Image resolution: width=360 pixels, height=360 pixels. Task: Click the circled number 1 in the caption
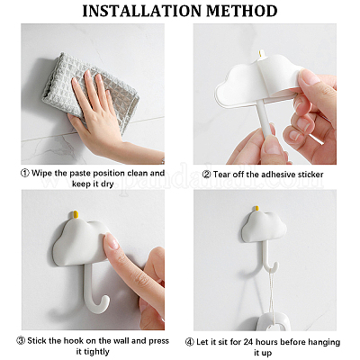click(x=25, y=174)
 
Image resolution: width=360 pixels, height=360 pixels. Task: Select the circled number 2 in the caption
click(x=206, y=175)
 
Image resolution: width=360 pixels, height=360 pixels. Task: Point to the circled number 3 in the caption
click(x=21, y=341)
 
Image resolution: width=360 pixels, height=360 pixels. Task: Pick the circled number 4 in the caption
click(x=189, y=342)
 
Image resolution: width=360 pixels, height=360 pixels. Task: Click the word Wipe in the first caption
click(x=41, y=173)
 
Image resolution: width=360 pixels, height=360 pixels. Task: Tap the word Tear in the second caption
click(x=221, y=175)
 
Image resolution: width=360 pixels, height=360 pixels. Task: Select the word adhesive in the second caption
click(x=278, y=175)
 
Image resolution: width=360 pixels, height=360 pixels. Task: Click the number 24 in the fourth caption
click(x=248, y=342)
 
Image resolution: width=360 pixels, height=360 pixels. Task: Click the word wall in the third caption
click(x=121, y=341)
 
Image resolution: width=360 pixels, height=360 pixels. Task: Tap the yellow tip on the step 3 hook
click(x=76, y=214)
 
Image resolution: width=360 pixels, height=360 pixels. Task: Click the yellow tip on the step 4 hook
click(x=256, y=209)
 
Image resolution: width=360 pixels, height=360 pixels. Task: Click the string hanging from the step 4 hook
click(x=272, y=297)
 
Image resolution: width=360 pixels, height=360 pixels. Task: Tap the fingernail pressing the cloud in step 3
click(x=112, y=241)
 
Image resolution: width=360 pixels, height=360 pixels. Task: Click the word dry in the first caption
click(x=107, y=184)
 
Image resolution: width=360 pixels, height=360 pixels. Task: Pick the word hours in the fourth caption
click(x=267, y=342)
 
